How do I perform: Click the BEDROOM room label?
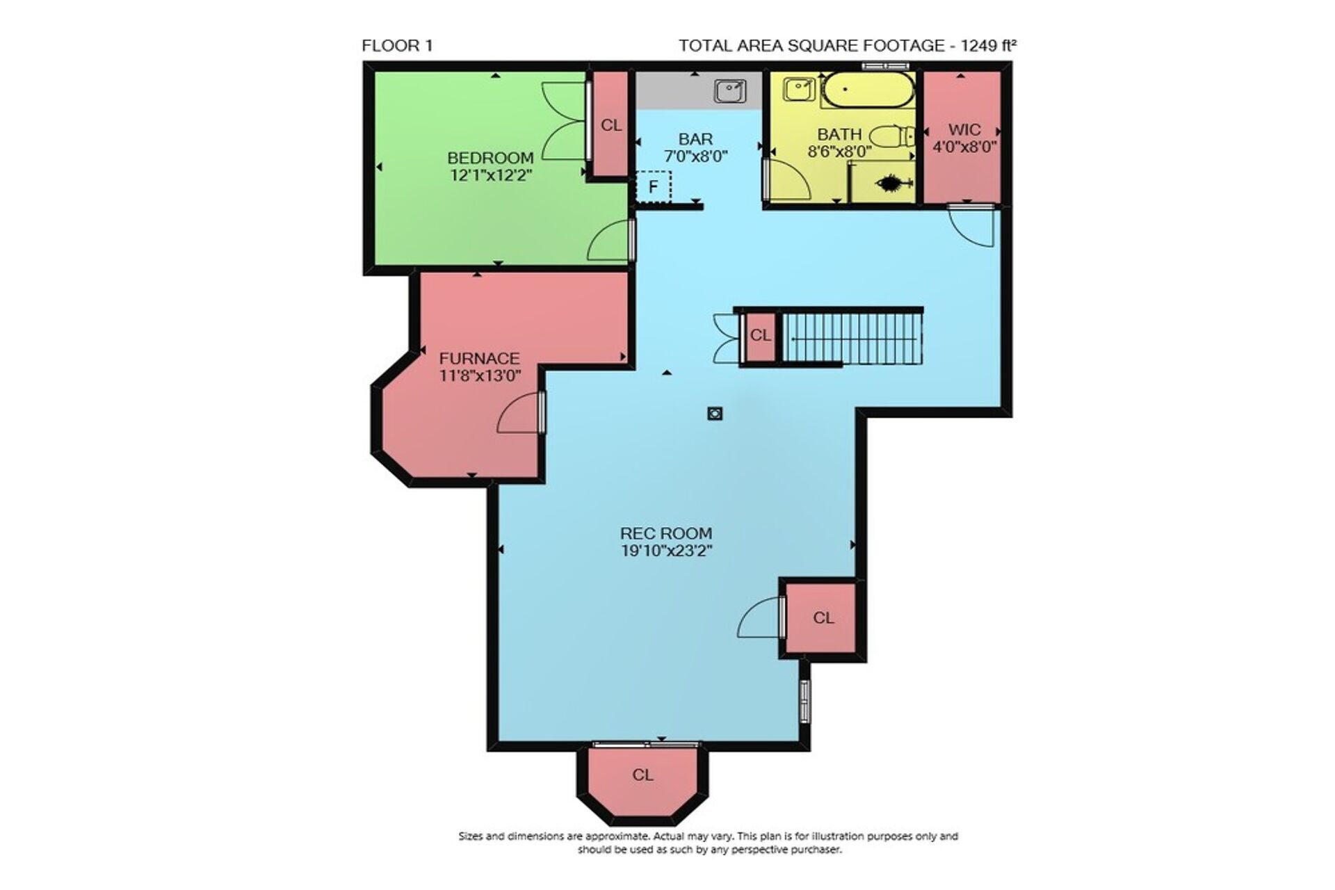coord(490,158)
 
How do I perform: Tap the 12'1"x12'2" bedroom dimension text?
coord(490,175)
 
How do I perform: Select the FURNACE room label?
coord(480,359)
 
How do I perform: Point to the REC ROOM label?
coord(666,533)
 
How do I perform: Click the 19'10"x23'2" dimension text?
coord(666,551)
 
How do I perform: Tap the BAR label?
coord(696,139)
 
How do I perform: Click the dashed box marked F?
coord(654,186)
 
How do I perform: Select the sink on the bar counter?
coord(730,91)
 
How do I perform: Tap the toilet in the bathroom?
coord(891,136)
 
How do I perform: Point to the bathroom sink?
coord(800,90)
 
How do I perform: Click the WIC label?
coord(964,130)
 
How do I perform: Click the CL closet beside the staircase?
coord(761,337)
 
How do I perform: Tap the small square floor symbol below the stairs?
coord(715,414)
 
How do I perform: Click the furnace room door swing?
coord(519,412)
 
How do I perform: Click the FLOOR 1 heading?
coord(397,46)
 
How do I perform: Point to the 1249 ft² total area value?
coord(989,46)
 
